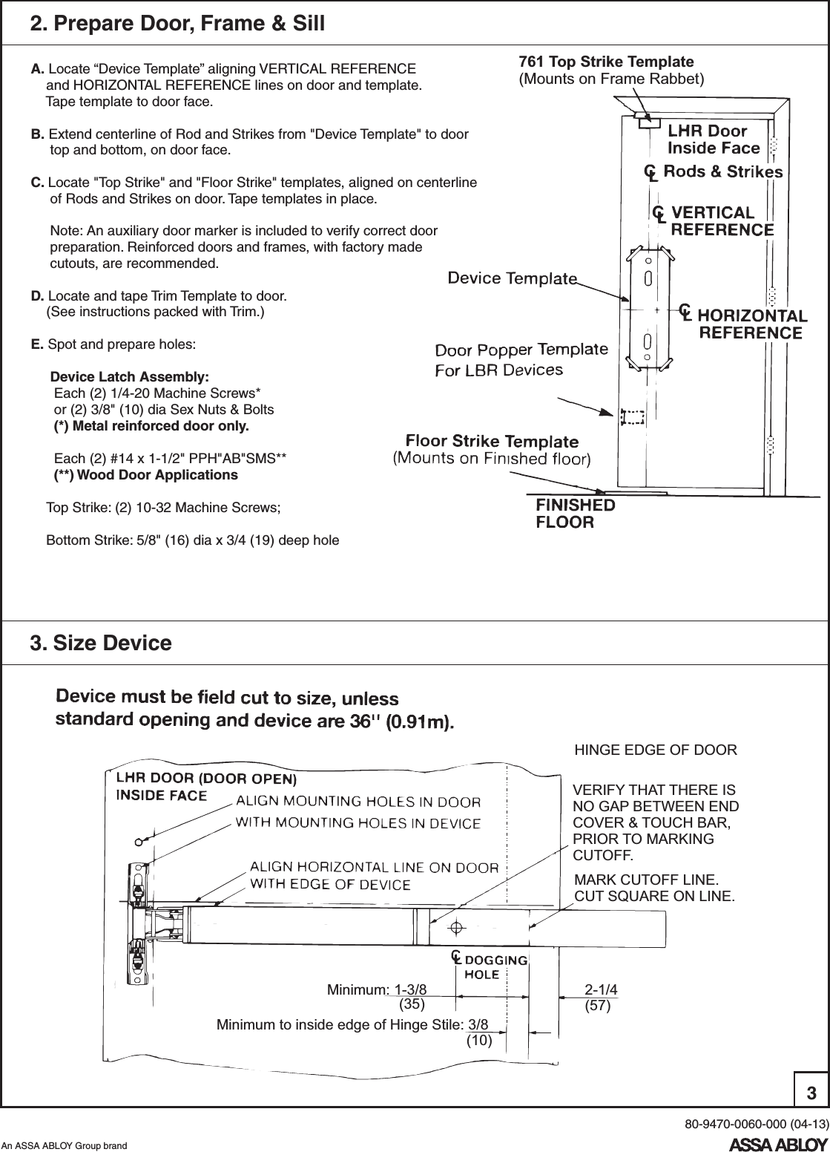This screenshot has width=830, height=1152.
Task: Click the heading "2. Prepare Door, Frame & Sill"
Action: click(x=177, y=24)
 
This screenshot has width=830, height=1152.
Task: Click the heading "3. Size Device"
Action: click(x=100, y=643)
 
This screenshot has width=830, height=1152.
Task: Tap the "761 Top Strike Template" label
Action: click(x=605, y=62)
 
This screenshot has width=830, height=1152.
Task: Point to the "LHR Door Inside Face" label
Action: click(x=714, y=140)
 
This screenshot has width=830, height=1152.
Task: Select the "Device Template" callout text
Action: click(x=512, y=278)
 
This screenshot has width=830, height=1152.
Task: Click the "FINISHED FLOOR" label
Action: click(x=575, y=513)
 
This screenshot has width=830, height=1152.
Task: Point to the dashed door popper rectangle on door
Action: click(x=632, y=418)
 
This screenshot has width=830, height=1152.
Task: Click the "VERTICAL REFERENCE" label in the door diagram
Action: click(x=721, y=221)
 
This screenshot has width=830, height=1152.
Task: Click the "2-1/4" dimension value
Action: click(x=601, y=989)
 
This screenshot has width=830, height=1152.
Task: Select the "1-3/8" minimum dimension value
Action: click(x=410, y=989)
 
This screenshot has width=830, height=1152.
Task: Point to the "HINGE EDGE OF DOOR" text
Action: click(x=656, y=750)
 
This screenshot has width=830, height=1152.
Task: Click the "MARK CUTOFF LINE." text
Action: click(x=646, y=880)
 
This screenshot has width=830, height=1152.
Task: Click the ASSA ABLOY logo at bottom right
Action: click(x=778, y=1142)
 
